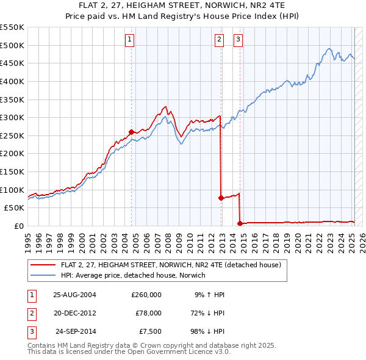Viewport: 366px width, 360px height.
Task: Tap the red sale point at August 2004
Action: coord(132,131)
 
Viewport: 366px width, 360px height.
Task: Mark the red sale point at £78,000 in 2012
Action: coord(221,198)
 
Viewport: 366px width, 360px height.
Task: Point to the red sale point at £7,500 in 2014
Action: coord(240,223)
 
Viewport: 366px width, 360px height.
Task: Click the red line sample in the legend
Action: coord(43,265)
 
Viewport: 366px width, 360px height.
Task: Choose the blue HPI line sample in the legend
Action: coord(43,276)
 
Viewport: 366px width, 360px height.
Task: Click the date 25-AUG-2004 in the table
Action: coord(74,295)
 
